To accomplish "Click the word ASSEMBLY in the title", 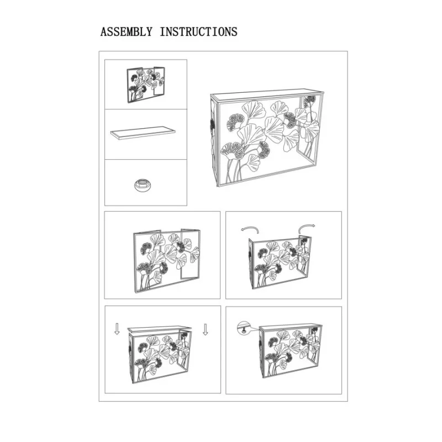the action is point(127,32).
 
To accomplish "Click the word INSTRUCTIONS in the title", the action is point(198,32).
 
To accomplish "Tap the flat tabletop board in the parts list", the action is point(143,133).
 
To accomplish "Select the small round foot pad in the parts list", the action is point(143,185).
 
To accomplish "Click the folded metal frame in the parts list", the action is point(146,85).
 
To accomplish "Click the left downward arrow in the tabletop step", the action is point(117,329).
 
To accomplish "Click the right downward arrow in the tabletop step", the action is point(205,329).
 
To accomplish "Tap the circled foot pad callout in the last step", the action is point(243,328).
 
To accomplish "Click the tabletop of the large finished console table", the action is point(266,95).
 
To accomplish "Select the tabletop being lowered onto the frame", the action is point(160,329).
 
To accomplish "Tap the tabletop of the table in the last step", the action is point(291,327).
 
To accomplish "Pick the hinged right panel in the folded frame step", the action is point(191,254).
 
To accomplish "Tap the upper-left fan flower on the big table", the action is point(236,122).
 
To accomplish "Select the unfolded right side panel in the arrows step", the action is point(305,256).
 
